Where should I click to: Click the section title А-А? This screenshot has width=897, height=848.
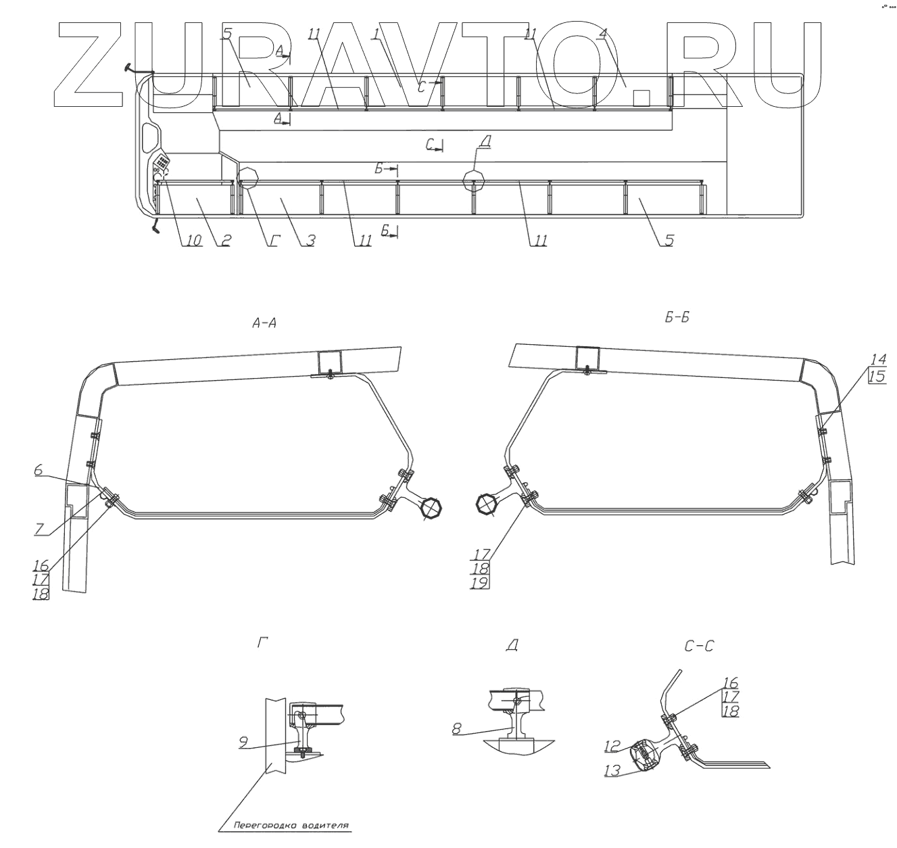(x=264, y=323)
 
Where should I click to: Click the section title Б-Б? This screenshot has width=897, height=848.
(x=677, y=318)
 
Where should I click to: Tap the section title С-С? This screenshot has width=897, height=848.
(x=699, y=646)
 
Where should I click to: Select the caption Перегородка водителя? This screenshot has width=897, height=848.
(x=291, y=825)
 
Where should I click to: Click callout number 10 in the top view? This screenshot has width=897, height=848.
(x=193, y=241)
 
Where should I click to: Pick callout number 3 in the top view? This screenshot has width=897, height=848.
(x=310, y=241)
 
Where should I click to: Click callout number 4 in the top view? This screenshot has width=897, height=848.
(x=602, y=34)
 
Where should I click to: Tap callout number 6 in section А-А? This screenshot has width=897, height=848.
(x=39, y=470)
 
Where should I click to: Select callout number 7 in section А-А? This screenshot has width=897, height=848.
(x=40, y=529)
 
